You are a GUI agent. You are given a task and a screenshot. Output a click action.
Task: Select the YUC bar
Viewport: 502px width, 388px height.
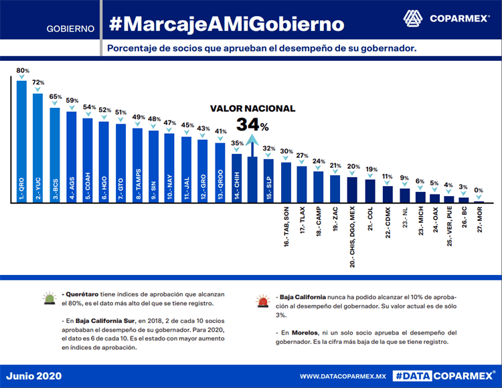(38, 148)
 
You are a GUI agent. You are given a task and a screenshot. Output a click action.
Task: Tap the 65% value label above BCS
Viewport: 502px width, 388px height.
(55, 96)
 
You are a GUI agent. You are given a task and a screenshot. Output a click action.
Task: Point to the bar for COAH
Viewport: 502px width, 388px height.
(88, 161)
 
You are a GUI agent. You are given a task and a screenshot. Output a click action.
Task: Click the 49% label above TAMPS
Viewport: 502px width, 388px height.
(138, 117)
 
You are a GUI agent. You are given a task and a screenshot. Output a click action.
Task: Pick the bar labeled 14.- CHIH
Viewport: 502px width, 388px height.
(236, 178)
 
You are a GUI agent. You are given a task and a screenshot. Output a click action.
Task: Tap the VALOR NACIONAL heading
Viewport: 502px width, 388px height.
(252, 108)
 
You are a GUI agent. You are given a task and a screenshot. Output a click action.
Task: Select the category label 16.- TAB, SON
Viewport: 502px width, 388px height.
(286, 227)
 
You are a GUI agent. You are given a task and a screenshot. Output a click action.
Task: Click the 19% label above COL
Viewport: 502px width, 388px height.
(371, 169)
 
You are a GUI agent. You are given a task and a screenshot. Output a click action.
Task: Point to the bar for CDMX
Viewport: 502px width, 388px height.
(388, 194)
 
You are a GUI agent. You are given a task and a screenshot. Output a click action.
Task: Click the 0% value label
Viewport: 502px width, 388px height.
(479, 191)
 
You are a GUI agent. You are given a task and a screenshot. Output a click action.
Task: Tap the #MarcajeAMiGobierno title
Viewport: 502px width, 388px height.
(226, 25)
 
